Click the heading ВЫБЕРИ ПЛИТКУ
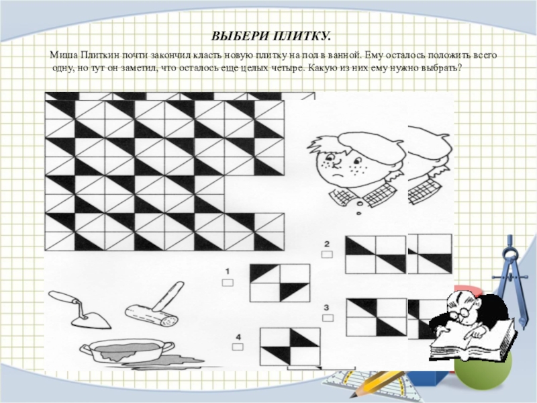click(x=271, y=36)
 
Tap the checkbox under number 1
click(x=228, y=282)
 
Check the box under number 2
click(x=327, y=255)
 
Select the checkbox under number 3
click(x=328, y=318)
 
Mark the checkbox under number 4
click(x=238, y=347)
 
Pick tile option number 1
click(x=280, y=283)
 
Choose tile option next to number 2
click(x=376, y=255)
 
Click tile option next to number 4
click(x=290, y=347)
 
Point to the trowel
click(x=81, y=310)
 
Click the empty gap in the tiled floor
click(x=254, y=193)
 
